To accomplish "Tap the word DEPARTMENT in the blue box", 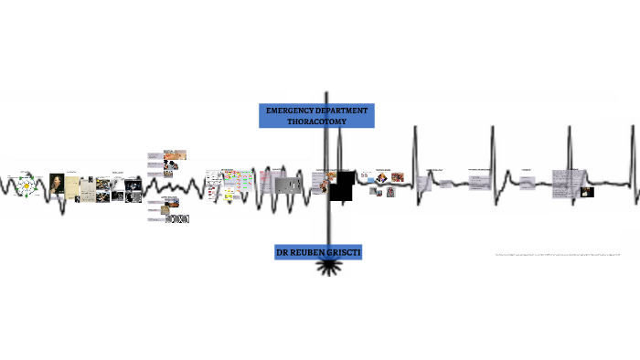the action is coord(342,111).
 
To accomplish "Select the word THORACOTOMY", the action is coord(316,122).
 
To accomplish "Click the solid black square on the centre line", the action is coord(342,188).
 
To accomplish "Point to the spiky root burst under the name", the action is coord(326,268).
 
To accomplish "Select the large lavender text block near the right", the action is coord(565,184).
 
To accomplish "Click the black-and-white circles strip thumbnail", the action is coord(179,219).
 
